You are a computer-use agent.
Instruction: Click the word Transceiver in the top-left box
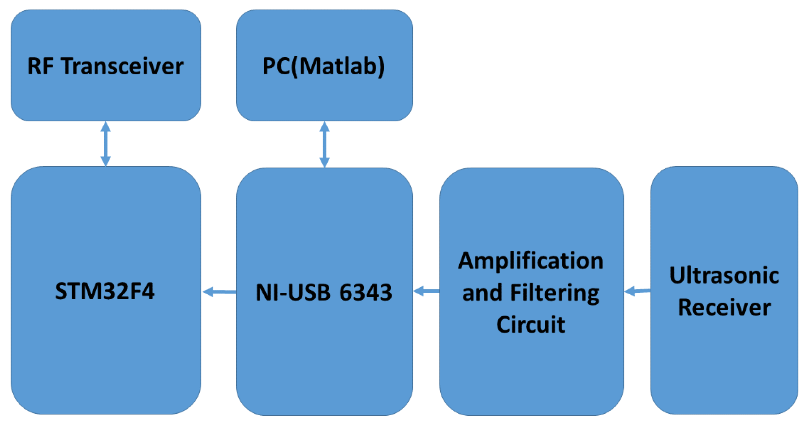(x=123, y=66)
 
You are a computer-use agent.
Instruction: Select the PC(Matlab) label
(x=324, y=66)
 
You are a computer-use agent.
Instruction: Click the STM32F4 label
(x=105, y=291)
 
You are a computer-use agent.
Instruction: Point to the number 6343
(x=366, y=292)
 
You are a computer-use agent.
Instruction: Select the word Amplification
(x=530, y=262)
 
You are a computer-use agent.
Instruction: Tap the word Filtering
(x=554, y=294)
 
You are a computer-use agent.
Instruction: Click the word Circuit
(x=530, y=325)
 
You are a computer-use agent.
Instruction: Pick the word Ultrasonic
(x=724, y=275)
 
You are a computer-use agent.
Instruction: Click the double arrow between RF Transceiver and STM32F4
(x=106, y=144)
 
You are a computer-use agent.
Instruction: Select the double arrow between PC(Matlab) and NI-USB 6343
(x=324, y=144)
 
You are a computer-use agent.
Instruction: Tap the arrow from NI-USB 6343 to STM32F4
(x=220, y=292)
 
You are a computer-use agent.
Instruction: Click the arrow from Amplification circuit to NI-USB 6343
(x=427, y=291)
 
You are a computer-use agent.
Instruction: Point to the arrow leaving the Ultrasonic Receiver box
(x=637, y=291)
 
